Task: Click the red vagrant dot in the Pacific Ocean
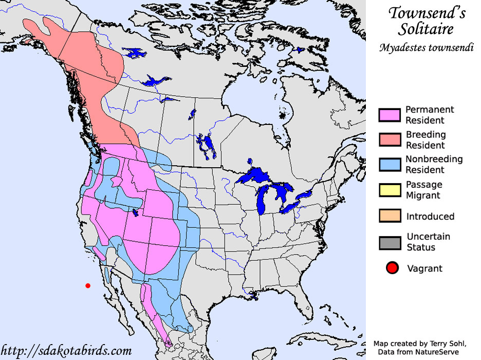[x=88, y=285]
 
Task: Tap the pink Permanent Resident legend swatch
[x=389, y=115]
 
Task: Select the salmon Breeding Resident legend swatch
[x=389, y=139]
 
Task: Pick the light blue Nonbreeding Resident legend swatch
[x=389, y=164]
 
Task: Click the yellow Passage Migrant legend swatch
[x=389, y=190]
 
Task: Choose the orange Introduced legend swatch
[x=389, y=216]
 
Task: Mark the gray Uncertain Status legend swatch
[x=389, y=242]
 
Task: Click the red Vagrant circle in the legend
[x=393, y=268]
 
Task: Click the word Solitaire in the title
[x=426, y=29]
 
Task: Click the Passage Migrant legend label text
[x=424, y=190]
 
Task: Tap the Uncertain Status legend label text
[x=428, y=242]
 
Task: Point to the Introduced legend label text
[x=430, y=217]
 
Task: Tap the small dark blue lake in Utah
[x=135, y=212]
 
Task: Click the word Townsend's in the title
[x=427, y=13]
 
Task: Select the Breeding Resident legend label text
[x=426, y=139]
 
